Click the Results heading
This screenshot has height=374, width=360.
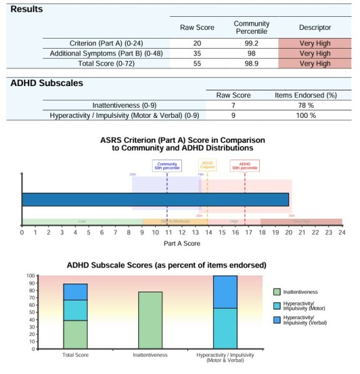click(27, 9)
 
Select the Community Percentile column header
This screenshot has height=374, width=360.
click(252, 27)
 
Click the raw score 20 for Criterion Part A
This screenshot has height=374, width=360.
click(197, 43)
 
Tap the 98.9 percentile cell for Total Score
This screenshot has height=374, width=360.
click(252, 63)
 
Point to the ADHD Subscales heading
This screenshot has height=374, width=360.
click(47, 83)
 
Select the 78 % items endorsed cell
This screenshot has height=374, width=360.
click(305, 105)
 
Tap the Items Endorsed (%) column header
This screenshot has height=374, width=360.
click(305, 95)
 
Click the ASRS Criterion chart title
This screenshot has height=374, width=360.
click(182, 144)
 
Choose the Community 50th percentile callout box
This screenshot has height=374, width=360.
click(167, 166)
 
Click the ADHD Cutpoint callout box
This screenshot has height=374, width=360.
click(207, 165)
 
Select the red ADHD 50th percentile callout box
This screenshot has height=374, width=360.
click(245, 166)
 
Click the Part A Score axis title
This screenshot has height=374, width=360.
click(182, 243)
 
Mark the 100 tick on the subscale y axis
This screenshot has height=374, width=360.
click(31, 276)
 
